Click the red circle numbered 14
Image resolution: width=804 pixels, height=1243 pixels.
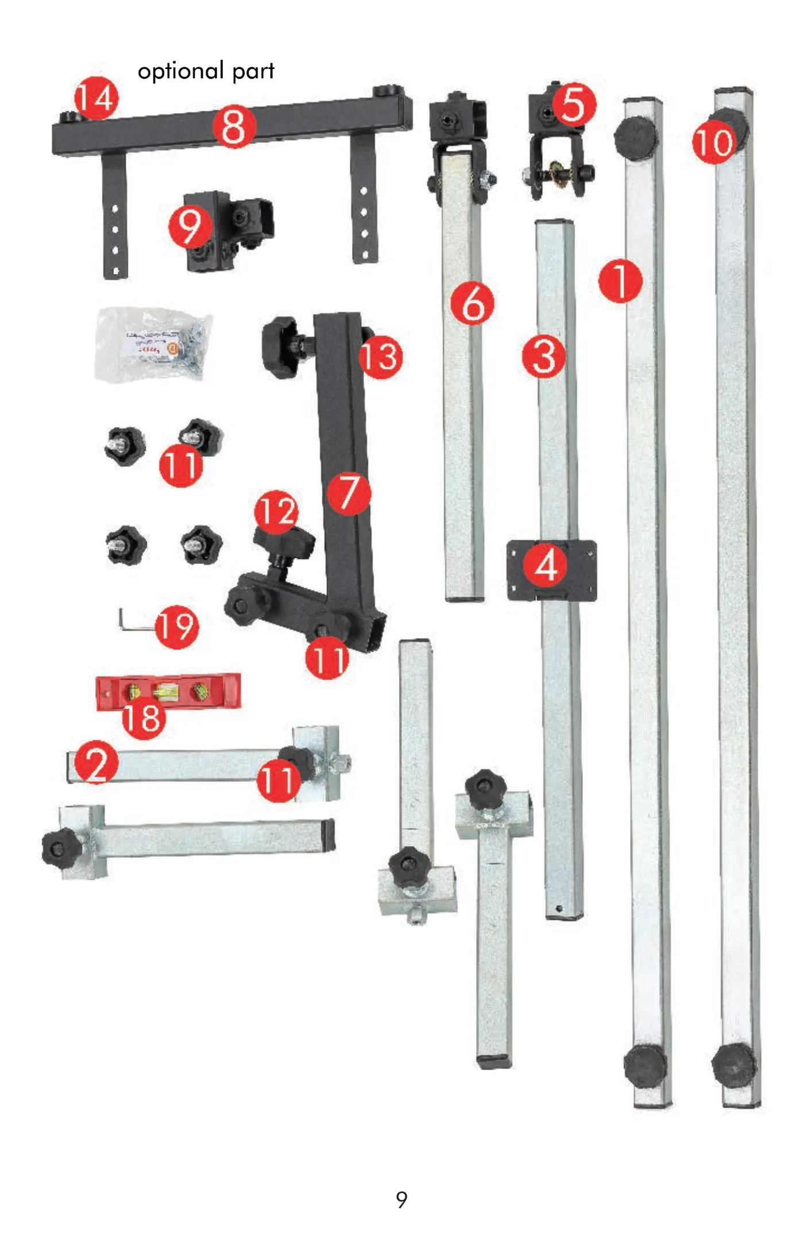(x=96, y=98)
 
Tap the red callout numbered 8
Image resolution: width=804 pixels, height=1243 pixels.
(x=234, y=126)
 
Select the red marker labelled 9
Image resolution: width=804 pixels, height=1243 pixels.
(x=190, y=226)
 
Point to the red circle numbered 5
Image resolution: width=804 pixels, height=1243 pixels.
(x=574, y=105)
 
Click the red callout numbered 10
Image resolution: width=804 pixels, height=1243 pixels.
(x=714, y=142)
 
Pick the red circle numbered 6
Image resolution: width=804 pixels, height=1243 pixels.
(x=473, y=303)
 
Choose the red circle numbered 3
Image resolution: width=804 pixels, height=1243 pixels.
(x=544, y=357)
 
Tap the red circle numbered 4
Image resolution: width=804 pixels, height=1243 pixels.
(x=546, y=565)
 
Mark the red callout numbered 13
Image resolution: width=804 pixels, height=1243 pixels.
(x=381, y=357)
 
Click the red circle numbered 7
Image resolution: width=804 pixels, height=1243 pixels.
(x=349, y=493)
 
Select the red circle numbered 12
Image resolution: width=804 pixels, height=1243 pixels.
(x=277, y=512)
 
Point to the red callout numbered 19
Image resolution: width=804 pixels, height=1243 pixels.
(x=177, y=627)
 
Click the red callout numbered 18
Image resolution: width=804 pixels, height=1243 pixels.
(x=144, y=717)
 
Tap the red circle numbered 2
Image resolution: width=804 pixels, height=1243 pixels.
(x=96, y=762)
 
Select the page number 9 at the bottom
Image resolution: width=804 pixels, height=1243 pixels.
(x=402, y=1199)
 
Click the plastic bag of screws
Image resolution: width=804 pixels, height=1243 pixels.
(x=154, y=344)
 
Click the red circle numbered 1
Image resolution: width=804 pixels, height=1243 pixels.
(x=620, y=281)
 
